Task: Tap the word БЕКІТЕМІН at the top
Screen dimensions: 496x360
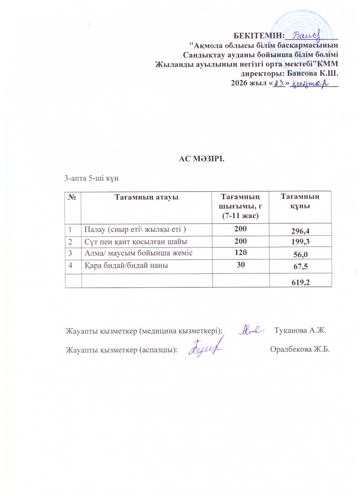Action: pos(259,34)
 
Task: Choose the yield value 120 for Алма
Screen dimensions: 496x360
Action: pos(241,252)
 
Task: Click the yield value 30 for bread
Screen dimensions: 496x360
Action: pos(241,264)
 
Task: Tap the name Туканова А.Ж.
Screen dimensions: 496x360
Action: pos(300,329)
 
